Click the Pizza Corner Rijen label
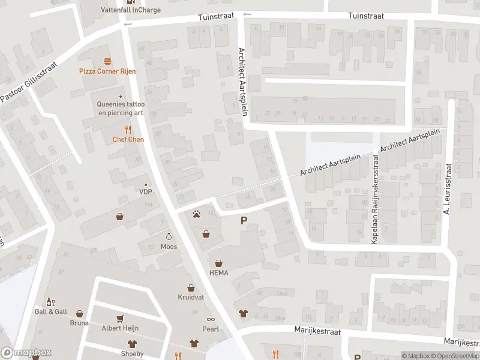coord(108,71)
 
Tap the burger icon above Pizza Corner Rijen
coord(108,61)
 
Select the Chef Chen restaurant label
coord(127,139)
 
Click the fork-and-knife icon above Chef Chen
coord(127,129)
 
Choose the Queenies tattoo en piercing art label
coord(121,108)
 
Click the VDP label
coord(146,192)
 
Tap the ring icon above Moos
coord(169,236)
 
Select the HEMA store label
coord(218,272)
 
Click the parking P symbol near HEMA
coord(244,221)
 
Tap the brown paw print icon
coord(196,214)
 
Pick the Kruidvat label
coord(191,298)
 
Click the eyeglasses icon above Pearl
coord(211,319)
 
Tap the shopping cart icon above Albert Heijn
coord(121,319)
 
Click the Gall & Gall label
coord(50,311)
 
